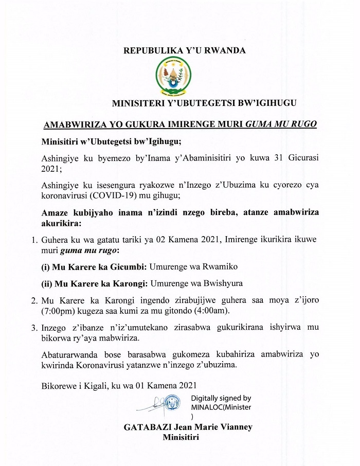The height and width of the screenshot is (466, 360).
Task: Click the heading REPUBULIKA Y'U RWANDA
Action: [177, 50]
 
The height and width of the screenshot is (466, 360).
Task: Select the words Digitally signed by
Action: [221, 398]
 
